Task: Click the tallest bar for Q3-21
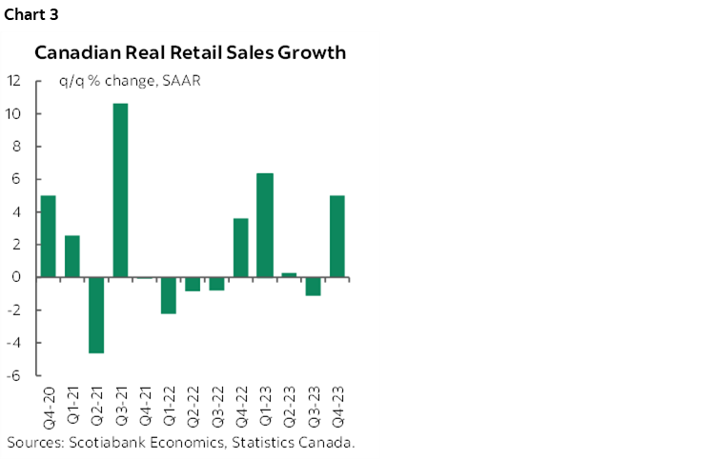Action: tap(121, 190)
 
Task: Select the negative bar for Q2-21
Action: tap(96, 315)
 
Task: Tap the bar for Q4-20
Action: tap(48, 236)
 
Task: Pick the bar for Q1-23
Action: tap(265, 225)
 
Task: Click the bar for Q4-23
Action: tap(337, 236)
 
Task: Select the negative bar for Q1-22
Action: tap(169, 295)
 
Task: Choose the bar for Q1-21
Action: tap(72, 256)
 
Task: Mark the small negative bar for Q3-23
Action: tap(314, 287)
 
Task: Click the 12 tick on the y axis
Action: tap(13, 81)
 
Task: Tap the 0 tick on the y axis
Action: tap(16, 277)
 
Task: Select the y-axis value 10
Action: tap(13, 114)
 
